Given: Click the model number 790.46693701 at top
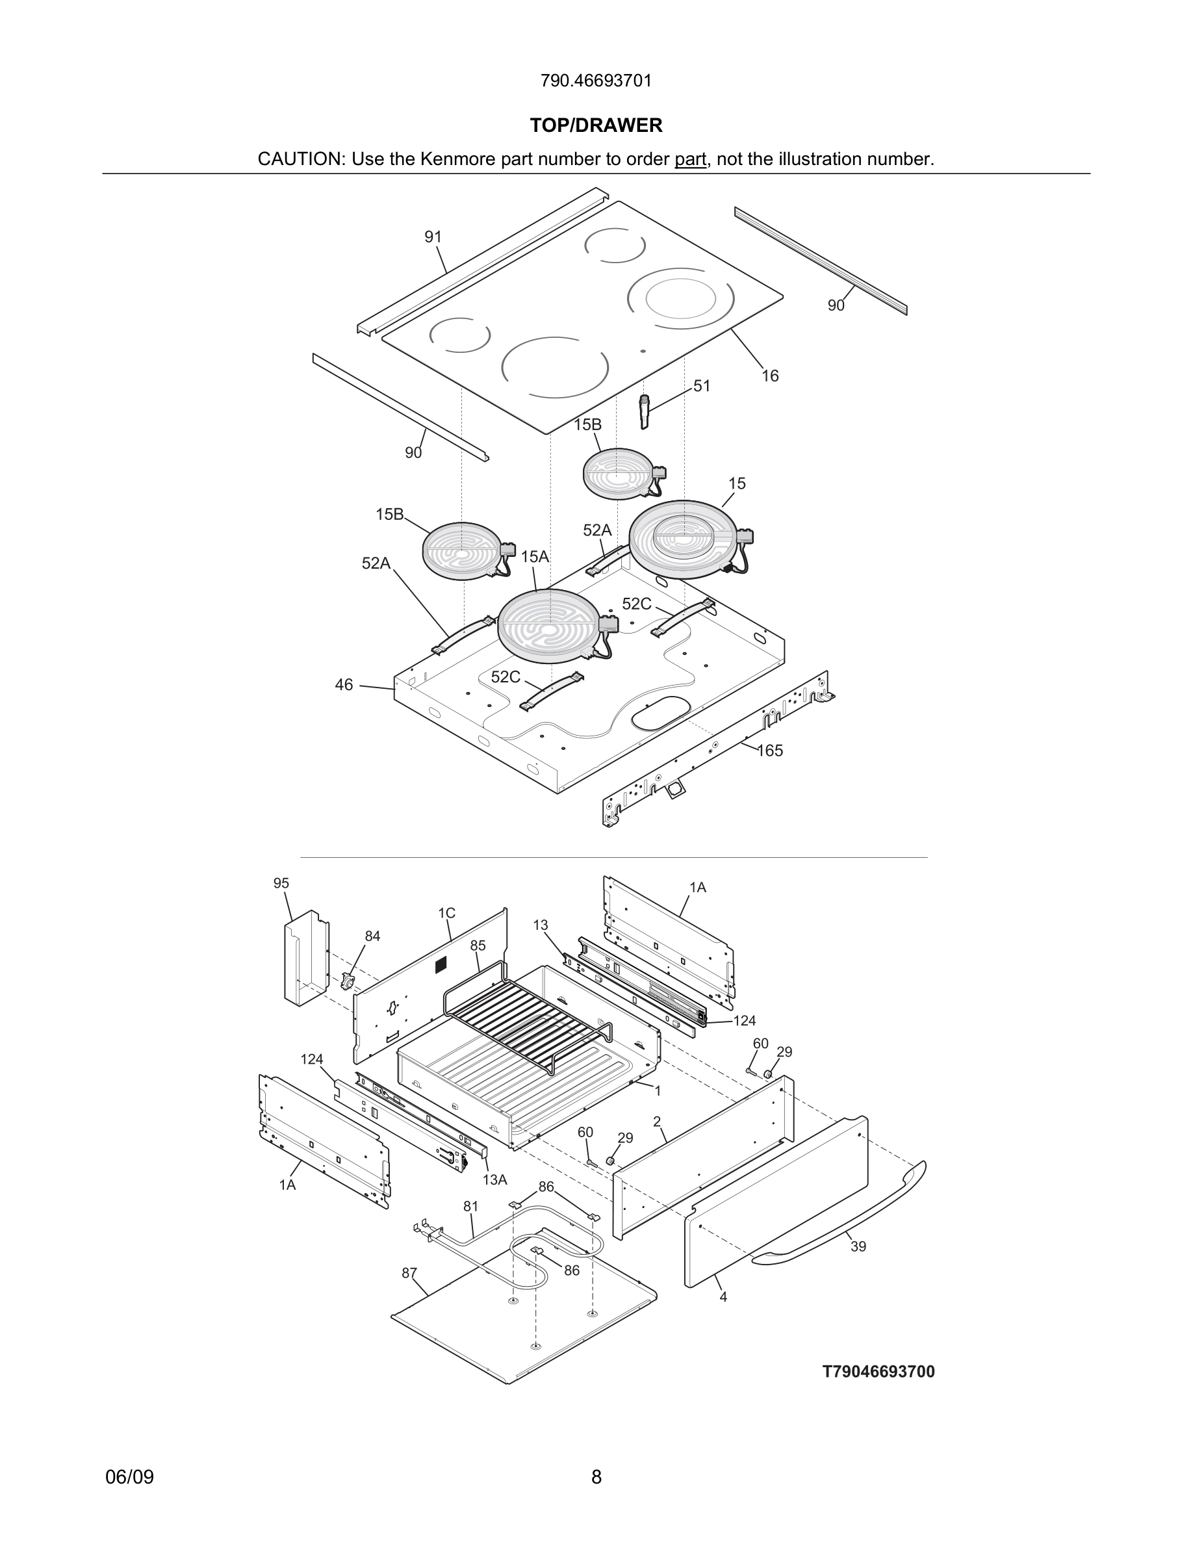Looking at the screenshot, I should click(596, 81).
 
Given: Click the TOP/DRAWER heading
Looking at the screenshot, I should click(596, 126).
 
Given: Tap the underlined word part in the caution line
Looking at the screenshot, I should click(690, 159).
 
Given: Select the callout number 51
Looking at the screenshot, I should click(701, 386).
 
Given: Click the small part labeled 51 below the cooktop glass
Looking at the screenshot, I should click(644, 411).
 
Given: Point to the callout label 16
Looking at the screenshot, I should click(769, 376).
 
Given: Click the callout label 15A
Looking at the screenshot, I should click(534, 556).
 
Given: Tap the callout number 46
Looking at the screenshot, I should click(344, 685).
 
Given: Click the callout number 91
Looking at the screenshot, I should click(433, 237).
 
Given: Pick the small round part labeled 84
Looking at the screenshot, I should click(347, 981).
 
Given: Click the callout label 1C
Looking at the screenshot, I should click(446, 912).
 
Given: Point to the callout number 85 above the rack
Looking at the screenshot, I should click(478, 946).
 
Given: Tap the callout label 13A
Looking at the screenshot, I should click(494, 1179).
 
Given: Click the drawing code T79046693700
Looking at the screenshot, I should click(878, 1372).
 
